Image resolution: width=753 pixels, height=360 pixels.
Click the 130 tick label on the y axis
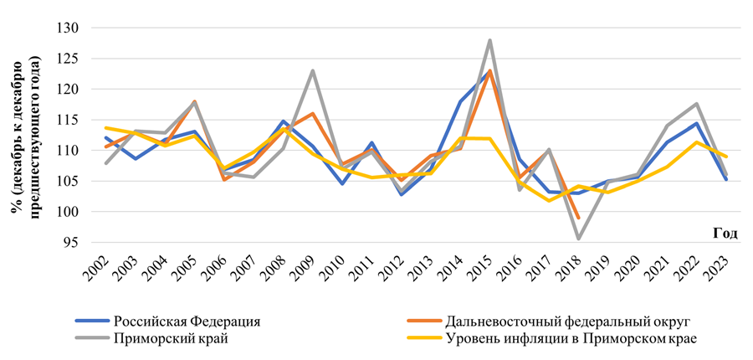pyautogui.click(x=67, y=28)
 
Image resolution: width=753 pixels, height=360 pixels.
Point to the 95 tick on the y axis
pyautogui.click(x=70, y=243)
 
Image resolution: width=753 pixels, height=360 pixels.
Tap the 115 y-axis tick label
pyautogui.click(x=67, y=121)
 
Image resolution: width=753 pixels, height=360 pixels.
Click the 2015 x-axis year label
pyautogui.click(x=487, y=270)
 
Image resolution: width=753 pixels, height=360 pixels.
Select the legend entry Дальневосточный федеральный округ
pyautogui.click(x=544, y=320)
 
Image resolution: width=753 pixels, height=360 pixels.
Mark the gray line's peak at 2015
pyautogui.click(x=489, y=40)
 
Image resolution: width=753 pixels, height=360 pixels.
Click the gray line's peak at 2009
pyautogui.click(x=312, y=70)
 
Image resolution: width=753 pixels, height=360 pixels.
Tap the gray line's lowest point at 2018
pyautogui.click(x=578, y=239)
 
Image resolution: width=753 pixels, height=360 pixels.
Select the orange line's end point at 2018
pyautogui.click(x=578, y=218)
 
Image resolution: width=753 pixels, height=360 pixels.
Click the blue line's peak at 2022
pyautogui.click(x=696, y=124)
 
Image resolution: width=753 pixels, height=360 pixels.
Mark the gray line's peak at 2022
pyautogui.click(x=696, y=104)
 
